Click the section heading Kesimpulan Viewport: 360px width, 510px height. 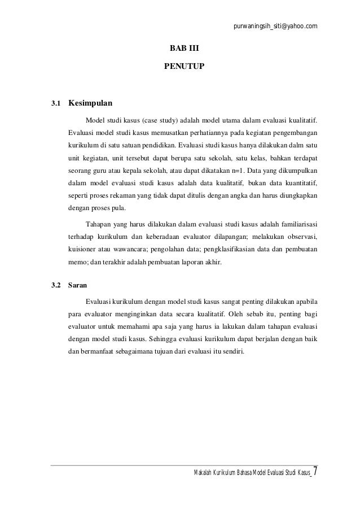coord(90,104)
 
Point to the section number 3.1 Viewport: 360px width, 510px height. coord(55,104)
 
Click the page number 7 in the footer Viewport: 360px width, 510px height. coord(315,471)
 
